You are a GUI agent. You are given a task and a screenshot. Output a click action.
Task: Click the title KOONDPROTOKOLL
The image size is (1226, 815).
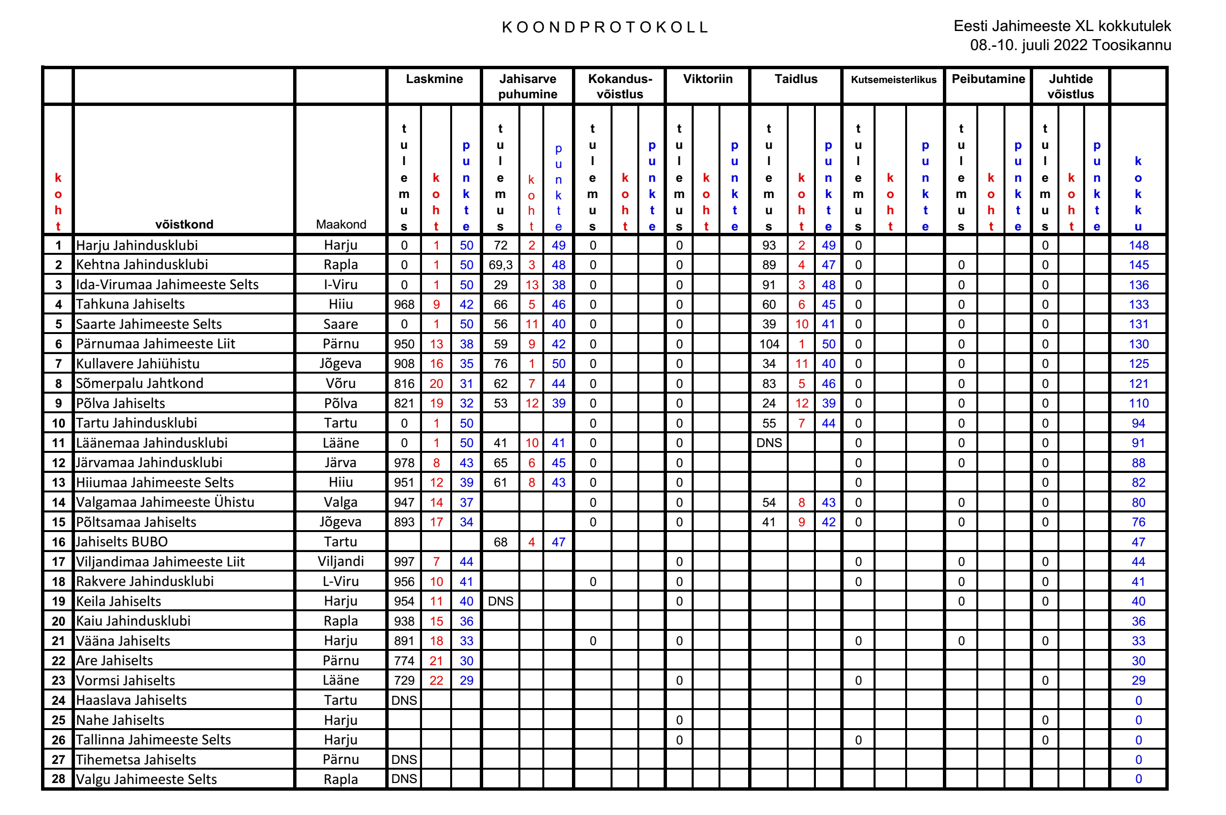605,27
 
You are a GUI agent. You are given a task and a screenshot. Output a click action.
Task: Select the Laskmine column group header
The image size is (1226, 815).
434,79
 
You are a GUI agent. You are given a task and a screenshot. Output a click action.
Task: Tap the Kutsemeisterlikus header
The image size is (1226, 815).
893,80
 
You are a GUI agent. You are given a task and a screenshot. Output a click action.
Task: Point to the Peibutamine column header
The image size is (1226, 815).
988,79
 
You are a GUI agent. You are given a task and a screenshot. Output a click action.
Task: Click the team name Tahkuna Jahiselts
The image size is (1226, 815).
130,304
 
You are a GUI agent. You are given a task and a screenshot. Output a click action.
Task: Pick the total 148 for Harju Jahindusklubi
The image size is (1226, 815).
1138,245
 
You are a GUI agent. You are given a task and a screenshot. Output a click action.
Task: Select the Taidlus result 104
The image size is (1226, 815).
769,344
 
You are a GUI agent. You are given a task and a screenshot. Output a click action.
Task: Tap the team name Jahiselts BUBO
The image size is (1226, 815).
122,542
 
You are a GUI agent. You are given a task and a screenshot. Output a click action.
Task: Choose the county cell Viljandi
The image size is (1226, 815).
340,561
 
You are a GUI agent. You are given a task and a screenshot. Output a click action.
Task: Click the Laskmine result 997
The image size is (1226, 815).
404,561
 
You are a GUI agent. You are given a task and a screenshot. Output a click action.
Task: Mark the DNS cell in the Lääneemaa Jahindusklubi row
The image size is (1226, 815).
769,443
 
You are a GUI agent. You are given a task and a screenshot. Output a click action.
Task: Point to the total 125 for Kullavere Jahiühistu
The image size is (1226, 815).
1138,364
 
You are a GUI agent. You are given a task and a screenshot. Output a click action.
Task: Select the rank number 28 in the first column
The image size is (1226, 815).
58,779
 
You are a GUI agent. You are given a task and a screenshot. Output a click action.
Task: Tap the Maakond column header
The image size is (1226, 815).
340,224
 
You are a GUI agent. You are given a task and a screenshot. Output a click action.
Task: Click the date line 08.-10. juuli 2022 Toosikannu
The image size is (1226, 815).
1070,45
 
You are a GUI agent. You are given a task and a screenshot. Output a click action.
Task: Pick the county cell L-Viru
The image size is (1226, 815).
340,581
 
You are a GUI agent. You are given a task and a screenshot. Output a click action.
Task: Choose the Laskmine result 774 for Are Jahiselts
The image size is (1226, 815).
404,660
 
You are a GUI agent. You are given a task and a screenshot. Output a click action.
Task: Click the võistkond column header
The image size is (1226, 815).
184,224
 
